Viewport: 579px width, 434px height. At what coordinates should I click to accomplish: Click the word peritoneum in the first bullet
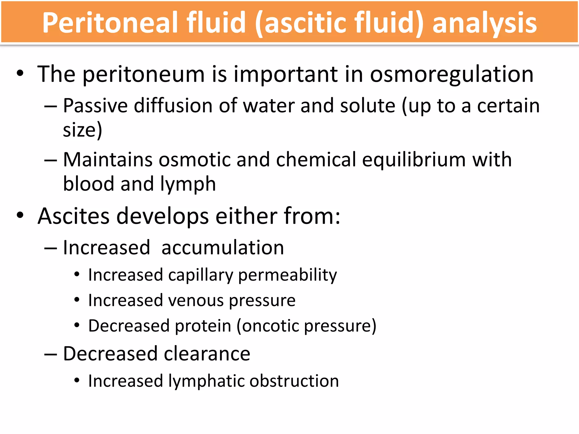pos(144,75)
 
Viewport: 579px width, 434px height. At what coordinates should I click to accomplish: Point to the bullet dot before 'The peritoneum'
pos(20,73)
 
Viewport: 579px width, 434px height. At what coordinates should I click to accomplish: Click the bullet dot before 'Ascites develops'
pos(20,215)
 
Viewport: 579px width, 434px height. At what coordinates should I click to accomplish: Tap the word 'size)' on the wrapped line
pos(82,130)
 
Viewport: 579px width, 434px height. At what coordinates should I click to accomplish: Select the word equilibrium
pos(414,160)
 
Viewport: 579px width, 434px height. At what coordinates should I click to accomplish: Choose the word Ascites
pos(74,216)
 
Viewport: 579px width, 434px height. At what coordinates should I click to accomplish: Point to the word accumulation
pos(222,248)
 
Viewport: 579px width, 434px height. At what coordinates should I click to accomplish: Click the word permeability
pos(288,275)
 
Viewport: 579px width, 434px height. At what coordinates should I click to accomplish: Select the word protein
pos(203,326)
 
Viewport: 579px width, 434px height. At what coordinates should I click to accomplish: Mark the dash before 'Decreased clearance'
pos(51,354)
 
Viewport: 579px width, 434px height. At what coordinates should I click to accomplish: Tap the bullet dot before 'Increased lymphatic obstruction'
pos(77,380)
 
